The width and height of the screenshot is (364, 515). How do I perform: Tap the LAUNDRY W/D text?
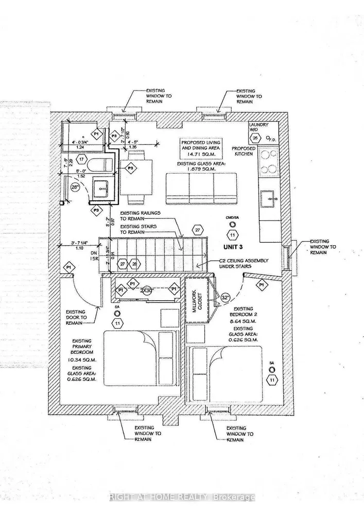point(256,128)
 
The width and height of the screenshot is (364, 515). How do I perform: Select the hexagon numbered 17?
point(81,161)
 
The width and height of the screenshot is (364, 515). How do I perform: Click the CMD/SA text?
point(233,218)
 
